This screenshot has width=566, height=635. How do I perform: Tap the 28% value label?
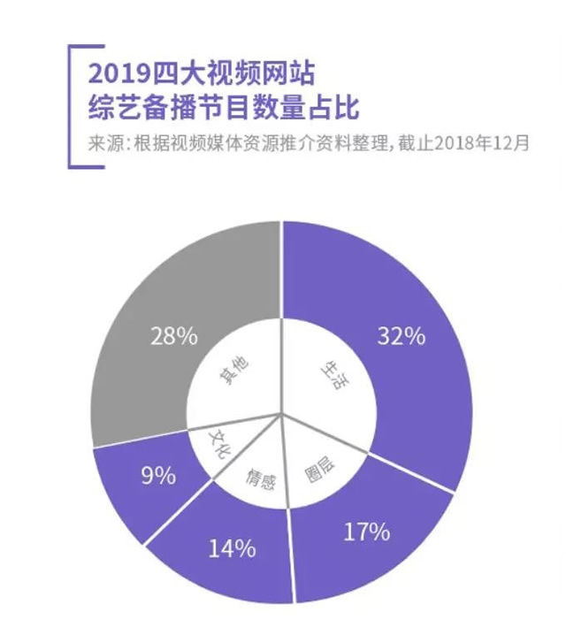click(x=173, y=337)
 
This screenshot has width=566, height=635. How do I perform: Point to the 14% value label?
click(x=232, y=548)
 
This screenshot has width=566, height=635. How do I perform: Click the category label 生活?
click(x=328, y=375)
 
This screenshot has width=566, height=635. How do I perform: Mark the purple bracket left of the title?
click(x=70, y=104)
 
